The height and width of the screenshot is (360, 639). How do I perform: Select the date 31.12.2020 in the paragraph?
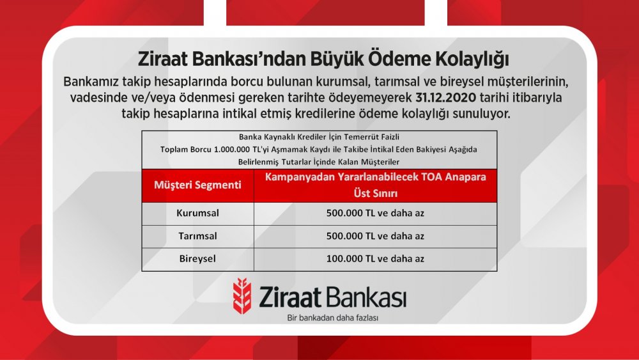446,98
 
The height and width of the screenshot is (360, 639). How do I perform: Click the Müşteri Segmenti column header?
197,185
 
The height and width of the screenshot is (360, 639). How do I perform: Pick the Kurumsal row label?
197,213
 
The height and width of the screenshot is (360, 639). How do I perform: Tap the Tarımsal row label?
197,236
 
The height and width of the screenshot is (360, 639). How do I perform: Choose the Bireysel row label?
197,259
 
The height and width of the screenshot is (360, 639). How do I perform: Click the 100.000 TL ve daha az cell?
375,259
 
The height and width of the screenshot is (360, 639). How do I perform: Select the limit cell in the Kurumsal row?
375,213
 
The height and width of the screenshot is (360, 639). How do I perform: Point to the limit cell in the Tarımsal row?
375,236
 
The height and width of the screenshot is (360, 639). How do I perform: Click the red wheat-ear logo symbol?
242,295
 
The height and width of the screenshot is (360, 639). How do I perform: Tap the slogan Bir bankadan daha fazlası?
332,318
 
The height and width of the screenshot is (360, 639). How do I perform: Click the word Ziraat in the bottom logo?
290,297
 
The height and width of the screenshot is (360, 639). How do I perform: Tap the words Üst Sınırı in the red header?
375,193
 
